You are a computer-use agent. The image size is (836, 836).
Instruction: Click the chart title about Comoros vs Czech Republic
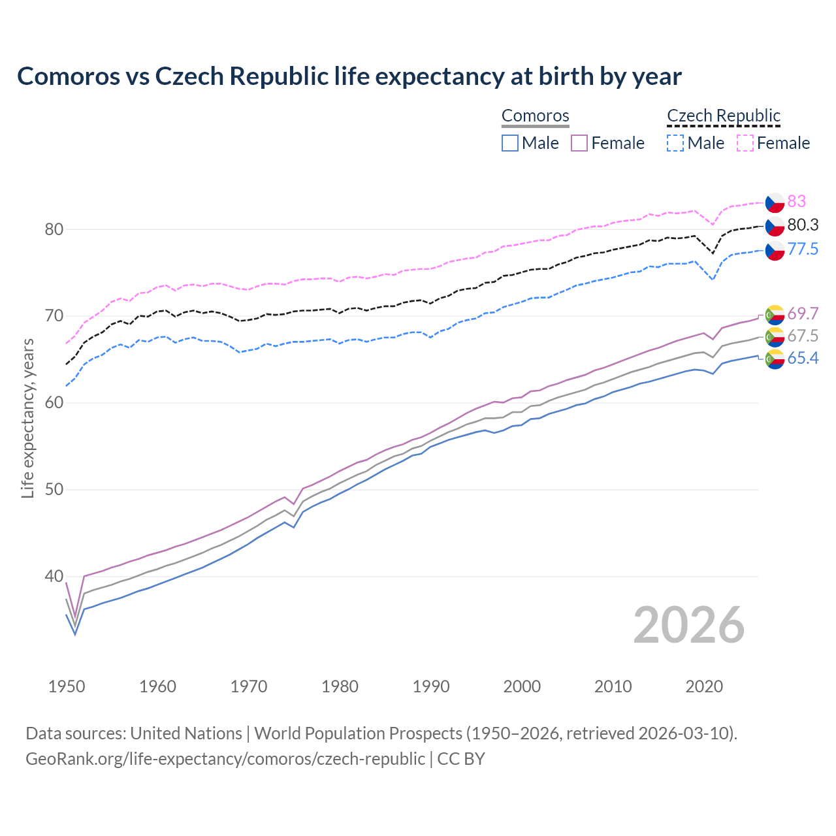pyautogui.click(x=349, y=76)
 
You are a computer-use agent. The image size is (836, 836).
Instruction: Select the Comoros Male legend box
pyautogui.click(x=510, y=143)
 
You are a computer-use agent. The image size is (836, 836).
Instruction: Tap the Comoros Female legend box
pyautogui.click(x=579, y=143)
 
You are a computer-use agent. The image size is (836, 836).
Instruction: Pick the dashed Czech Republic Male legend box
pyautogui.click(x=675, y=143)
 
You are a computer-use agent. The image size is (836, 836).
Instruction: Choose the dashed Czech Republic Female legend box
pyautogui.click(x=745, y=143)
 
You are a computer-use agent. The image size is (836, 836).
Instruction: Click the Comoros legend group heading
pyautogui.click(x=536, y=116)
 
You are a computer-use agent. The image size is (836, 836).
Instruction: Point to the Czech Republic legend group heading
pyautogui.click(x=724, y=116)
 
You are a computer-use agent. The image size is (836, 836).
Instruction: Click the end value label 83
pyautogui.click(x=797, y=201)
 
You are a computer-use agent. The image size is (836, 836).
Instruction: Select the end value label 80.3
pyautogui.click(x=803, y=225)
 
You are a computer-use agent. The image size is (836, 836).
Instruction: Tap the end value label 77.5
pyautogui.click(x=803, y=249)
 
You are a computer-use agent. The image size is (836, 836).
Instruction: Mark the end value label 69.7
pyautogui.click(x=803, y=314)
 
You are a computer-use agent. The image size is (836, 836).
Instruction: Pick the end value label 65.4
pyautogui.click(x=803, y=359)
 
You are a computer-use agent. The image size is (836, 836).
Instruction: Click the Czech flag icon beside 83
pyautogui.click(x=775, y=202)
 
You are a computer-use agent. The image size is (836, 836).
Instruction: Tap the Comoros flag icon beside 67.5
pyautogui.click(x=775, y=337)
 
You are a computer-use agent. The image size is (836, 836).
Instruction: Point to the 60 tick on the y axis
pyautogui.click(x=54, y=403)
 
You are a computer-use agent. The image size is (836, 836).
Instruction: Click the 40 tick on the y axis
pyautogui.click(x=54, y=577)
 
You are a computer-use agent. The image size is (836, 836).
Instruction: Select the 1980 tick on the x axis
pyautogui.click(x=340, y=686)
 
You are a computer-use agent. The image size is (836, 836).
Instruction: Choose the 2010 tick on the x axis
pyautogui.click(x=613, y=686)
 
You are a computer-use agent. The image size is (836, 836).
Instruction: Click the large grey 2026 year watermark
pyautogui.click(x=689, y=625)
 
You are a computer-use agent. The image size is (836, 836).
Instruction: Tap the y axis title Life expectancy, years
pyautogui.click(x=28, y=418)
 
